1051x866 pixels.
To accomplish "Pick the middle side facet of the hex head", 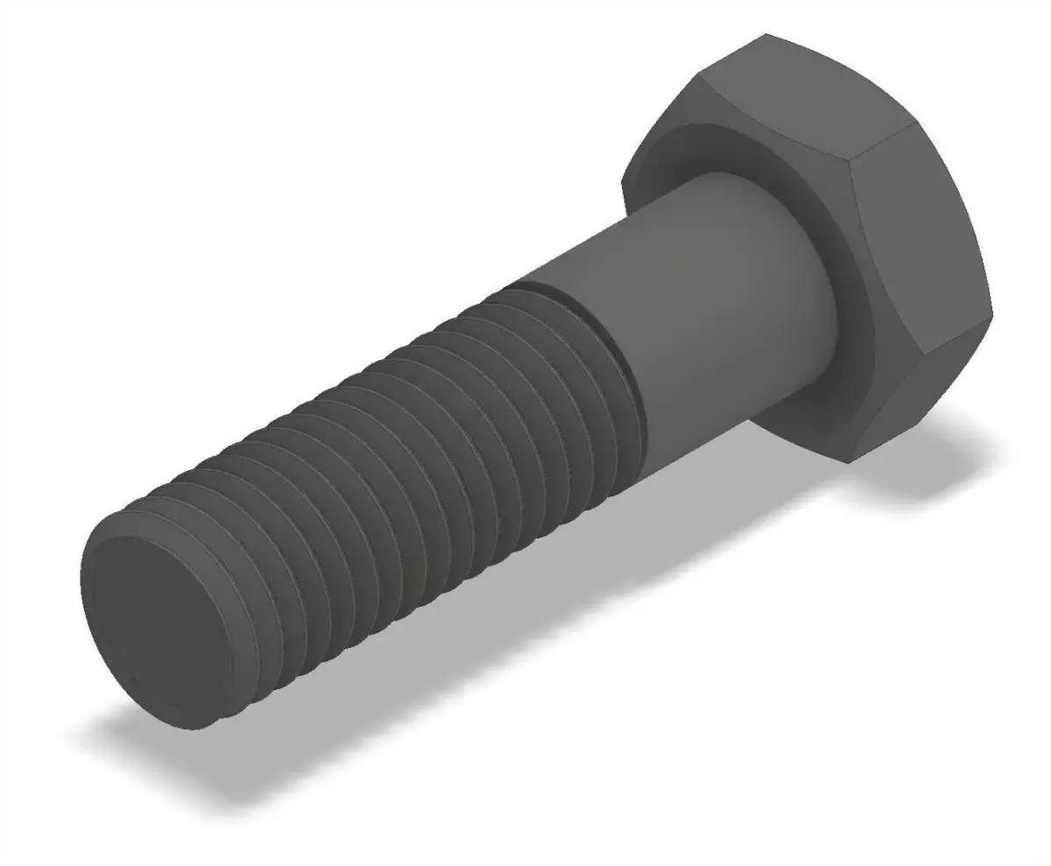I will pos(920,228).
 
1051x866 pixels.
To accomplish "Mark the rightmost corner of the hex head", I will pos(992,313).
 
